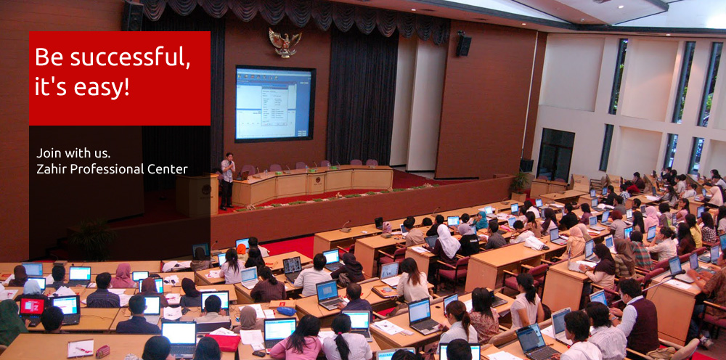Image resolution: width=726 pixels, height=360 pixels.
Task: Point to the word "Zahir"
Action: click(48, 169)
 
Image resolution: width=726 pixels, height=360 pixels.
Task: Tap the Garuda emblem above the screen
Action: click(285, 43)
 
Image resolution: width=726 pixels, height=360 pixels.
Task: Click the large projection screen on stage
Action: click(275, 104)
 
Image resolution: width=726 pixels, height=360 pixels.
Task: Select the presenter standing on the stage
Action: click(227, 181)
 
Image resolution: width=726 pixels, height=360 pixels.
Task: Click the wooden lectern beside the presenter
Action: click(196, 195)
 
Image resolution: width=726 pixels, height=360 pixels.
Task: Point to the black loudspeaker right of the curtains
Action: click(463, 45)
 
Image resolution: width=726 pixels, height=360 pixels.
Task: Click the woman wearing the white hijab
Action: click(446, 245)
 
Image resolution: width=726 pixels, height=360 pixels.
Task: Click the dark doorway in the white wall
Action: click(555, 154)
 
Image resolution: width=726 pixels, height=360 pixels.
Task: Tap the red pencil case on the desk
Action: click(102, 351)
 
